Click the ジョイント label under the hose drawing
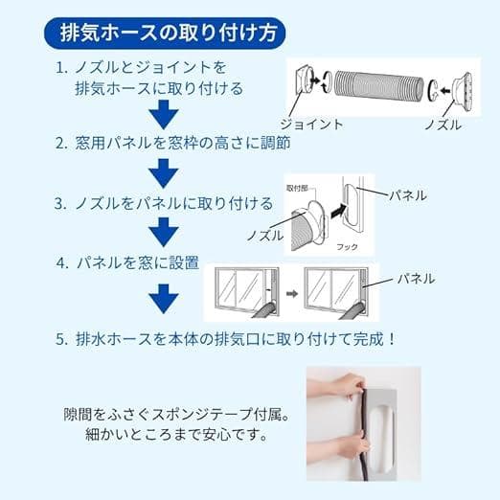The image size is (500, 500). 310,125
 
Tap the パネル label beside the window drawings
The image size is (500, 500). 413,279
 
